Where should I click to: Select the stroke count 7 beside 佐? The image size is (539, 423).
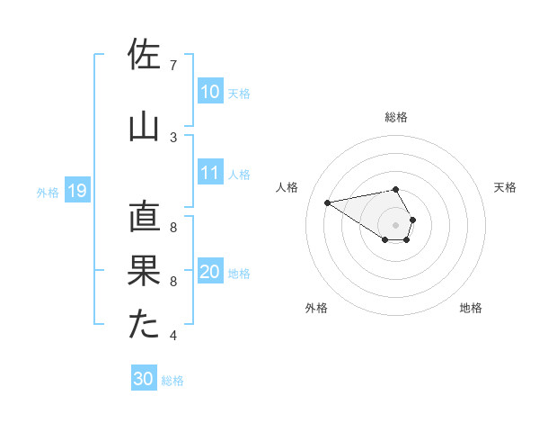click(x=173, y=66)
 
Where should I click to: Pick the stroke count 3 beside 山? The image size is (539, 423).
click(x=173, y=137)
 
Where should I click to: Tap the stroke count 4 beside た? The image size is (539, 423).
click(x=173, y=336)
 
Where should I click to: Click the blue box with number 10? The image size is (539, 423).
click(x=210, y=92)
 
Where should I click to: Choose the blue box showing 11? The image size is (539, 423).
click(x=210, y=173)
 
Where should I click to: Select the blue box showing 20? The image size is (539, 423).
click(x=210, y=272)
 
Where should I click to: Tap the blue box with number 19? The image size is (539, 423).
click(x=76, y=191)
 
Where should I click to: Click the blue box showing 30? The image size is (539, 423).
click(x=144, y=380)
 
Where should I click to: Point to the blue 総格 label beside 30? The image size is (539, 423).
click(x=173, y=381)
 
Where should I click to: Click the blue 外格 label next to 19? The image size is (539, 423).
click(x=48, y=192)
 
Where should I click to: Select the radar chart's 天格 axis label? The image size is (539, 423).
click(x=505, y=187)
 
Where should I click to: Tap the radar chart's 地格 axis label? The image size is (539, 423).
click(x=471, y=308)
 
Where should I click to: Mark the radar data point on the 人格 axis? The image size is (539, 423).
click(x=328, y=202)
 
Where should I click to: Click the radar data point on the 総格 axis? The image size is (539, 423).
click(x=395, y=189)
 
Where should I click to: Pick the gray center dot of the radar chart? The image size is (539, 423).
click(x=395, y=224)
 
